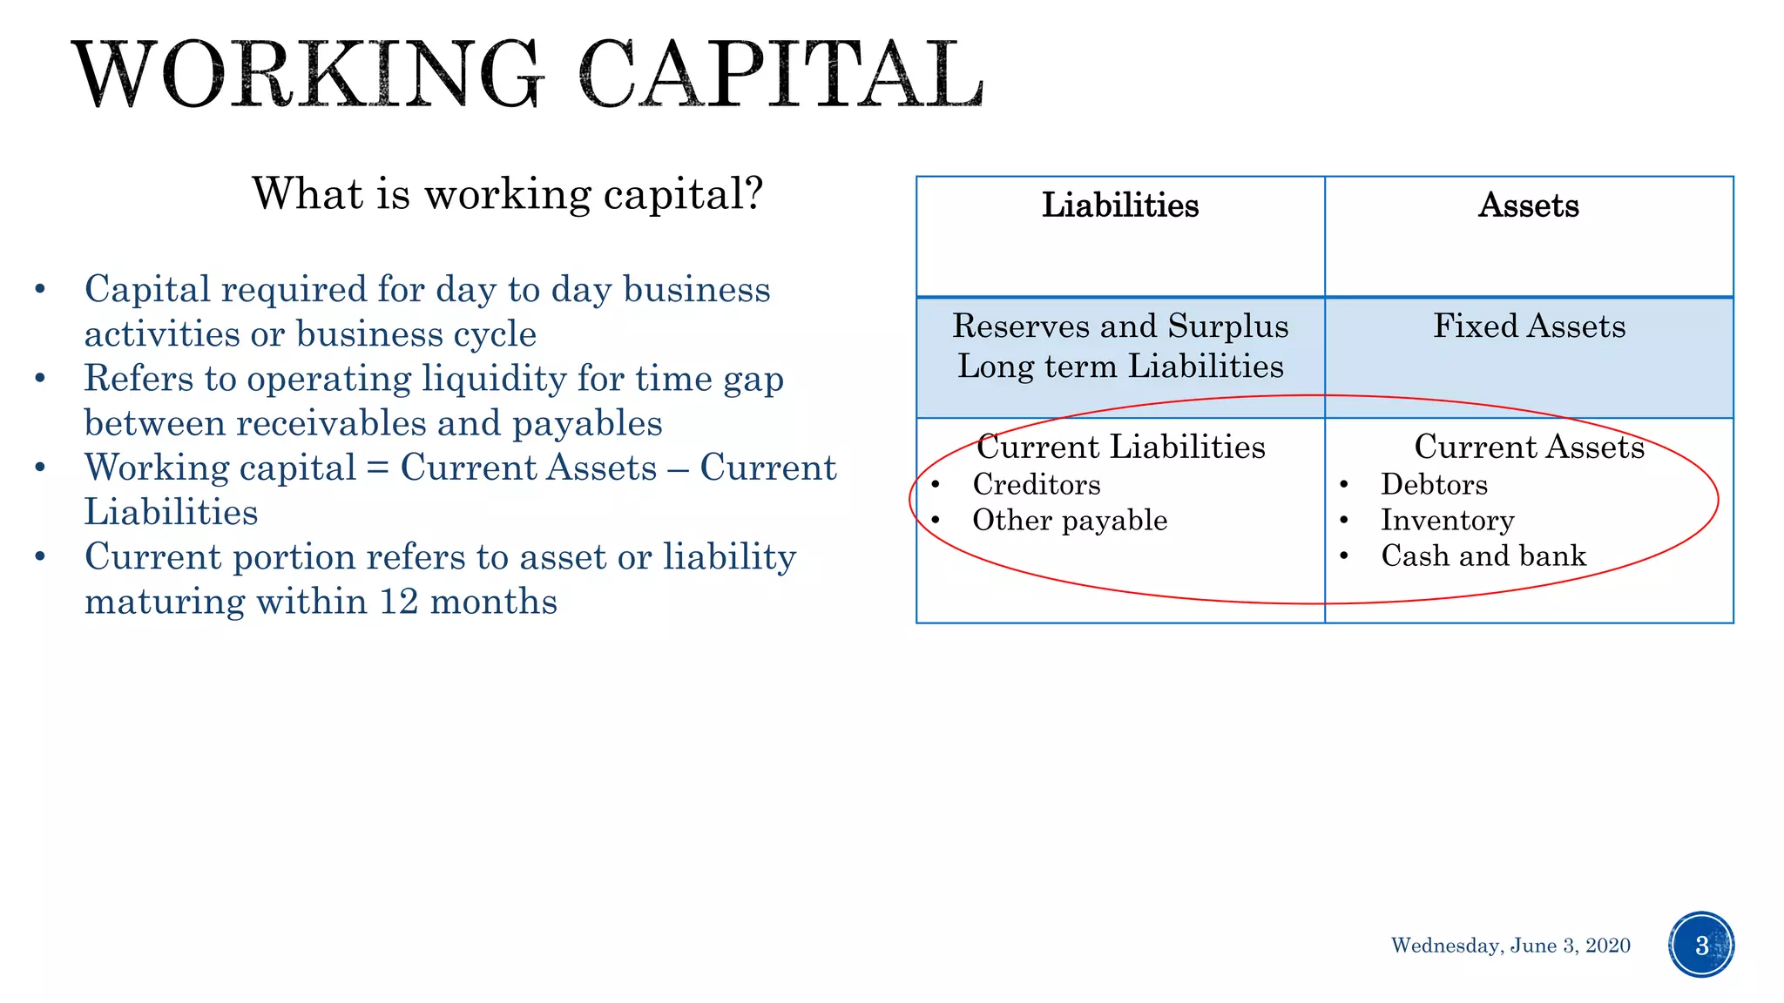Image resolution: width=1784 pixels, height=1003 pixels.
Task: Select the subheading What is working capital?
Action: point(507,193)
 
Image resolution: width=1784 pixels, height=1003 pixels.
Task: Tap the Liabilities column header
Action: point(1120,205)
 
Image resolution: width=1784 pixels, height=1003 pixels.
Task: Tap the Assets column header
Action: point(1529,205)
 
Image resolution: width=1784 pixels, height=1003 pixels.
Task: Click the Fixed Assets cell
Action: point(1529,326)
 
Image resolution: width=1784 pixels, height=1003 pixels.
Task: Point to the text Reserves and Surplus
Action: point(1120,326)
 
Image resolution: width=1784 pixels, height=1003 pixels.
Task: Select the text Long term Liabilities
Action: point(1120,367)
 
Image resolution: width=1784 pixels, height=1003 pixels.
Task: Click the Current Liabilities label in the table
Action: point(1120,447)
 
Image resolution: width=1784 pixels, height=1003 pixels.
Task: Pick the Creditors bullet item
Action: point(1037,485)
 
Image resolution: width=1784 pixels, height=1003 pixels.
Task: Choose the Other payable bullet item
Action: point(1070,521)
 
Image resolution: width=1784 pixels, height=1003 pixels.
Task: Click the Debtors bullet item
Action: point(1434,485)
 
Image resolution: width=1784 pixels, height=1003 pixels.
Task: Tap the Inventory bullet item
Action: point(1447,521)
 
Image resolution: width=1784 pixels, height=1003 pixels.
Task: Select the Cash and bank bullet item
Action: point(1483,556)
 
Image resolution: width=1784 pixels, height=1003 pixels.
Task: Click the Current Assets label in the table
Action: point(1529,447)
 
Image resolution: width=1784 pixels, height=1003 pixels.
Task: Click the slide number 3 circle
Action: point(1701,945)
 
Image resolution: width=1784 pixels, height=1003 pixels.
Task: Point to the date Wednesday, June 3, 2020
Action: point(1510,946)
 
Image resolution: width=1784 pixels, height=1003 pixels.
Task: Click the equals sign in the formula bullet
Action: point(377,468)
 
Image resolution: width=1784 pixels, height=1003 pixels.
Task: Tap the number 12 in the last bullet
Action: point(399,602)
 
